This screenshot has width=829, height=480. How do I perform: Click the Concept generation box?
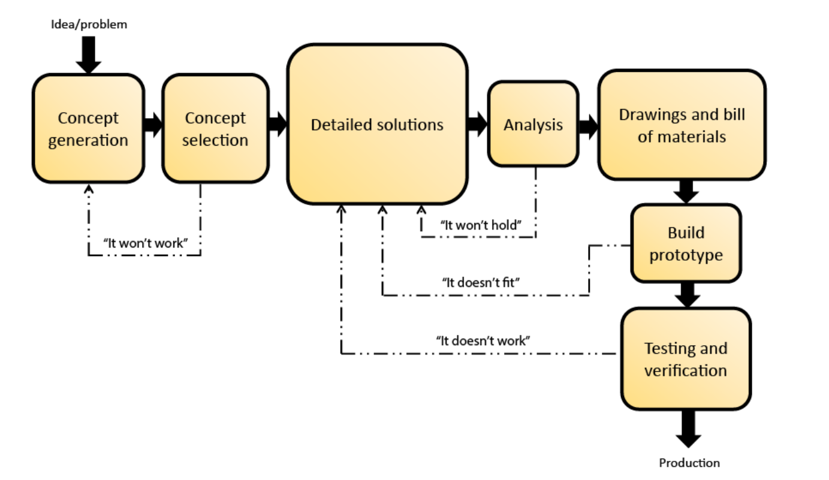point(88,129)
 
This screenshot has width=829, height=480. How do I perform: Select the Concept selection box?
point(215,129)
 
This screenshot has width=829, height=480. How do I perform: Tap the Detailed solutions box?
point(377,125)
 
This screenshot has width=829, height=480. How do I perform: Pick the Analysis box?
point(533,125)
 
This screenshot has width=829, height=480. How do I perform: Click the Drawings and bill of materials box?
point(682,125)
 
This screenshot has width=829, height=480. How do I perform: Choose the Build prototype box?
point(686,243)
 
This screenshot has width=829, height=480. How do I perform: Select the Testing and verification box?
point(685,359)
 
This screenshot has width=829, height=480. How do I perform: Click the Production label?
point(689,463)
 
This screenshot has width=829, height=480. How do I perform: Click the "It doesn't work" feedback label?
point(483,340)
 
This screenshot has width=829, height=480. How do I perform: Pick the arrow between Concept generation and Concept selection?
point(153,125)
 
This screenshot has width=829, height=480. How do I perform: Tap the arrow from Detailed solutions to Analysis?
point(477,125)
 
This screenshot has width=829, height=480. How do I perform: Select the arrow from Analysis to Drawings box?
point(588,125)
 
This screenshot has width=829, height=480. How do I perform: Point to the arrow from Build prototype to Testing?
point(688,294)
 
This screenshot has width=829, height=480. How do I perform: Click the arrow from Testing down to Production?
point(688,428)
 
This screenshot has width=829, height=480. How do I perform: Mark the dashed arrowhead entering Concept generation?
point(89,189)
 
